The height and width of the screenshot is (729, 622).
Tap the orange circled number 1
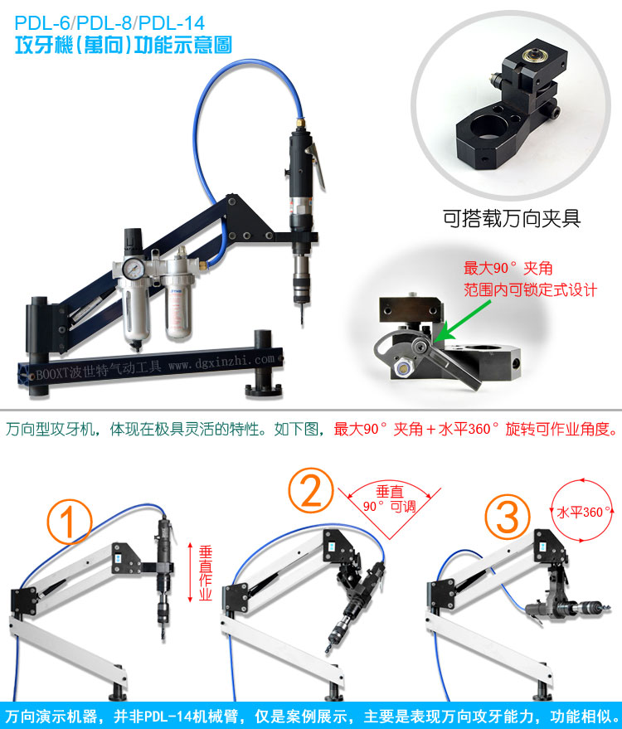point(70,521)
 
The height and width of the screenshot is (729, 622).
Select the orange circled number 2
point(311,490)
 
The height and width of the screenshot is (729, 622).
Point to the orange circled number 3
point(508,517)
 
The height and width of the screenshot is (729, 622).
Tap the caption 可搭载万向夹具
point(512,218)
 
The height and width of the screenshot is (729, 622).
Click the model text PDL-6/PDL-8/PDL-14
point(109,22)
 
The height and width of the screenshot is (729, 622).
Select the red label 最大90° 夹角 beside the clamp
point(508,268)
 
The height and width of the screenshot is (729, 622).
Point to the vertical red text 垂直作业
point(205,573)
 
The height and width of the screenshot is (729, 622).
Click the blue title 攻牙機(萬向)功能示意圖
point(124,46)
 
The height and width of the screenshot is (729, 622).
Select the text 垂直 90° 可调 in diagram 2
point(390,499)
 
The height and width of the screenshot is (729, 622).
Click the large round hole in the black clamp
point(488,127)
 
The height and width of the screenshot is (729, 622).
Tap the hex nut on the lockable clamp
point(402,368)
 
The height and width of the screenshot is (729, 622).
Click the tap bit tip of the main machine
point(302,323)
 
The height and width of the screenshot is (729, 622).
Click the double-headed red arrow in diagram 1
point(190,572)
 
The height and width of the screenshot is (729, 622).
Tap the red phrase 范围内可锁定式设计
point(530,289)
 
